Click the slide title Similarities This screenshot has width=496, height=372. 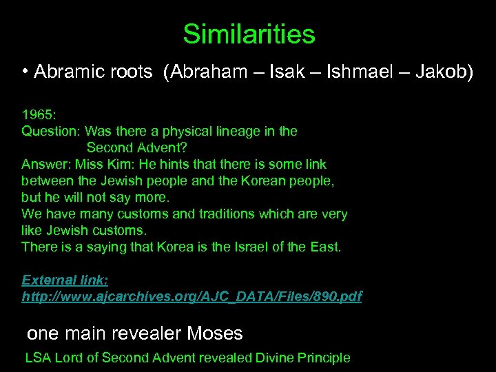[x=249, y=34]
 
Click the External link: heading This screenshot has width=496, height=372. [x=65, y=280]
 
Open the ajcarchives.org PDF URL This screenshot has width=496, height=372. [x=192, y=296]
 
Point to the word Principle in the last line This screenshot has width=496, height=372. [x=322, y=358]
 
